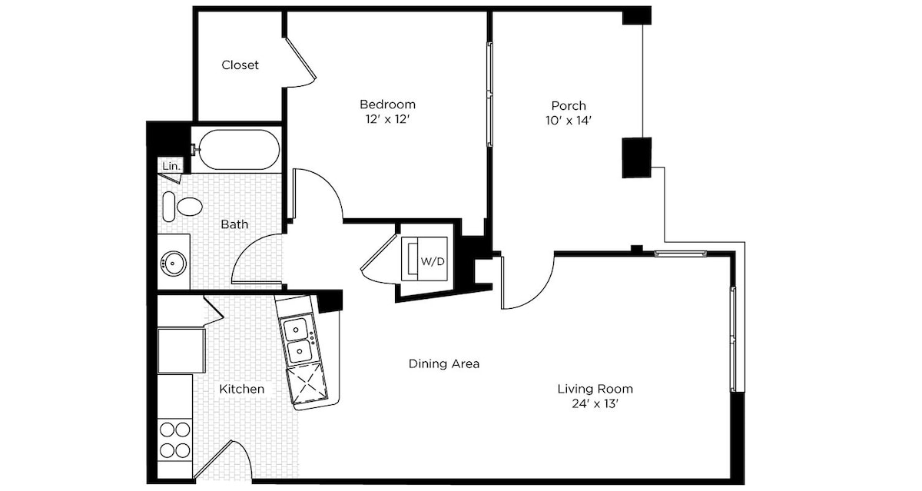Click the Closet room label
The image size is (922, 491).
click(x=240, y=65)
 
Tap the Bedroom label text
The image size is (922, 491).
click(x=388, y=105)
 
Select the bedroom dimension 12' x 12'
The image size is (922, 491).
click(x=388, y=119)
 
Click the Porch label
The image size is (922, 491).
click(x=569, y=106)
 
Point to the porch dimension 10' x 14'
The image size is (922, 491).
click(x=569, y=121)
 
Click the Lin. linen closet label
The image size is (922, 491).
click(x=171, y=166)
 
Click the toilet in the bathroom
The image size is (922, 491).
click(x=182, y=207)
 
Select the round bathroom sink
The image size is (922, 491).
click(x=174, y=262)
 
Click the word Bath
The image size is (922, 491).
click(x=234, y=224)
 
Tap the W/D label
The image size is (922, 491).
click(x=433, y=261)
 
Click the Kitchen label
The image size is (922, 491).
click(x=241, y=389)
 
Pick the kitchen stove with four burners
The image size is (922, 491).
click(x=175, y=440)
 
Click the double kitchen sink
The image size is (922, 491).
click(x=298, y=340)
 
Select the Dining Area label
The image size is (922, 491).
click(x=444, y=363)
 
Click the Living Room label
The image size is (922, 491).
click(x=595, y=389)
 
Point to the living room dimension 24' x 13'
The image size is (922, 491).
click(x=595, y=404)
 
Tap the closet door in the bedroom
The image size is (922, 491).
click(x=300, y=61)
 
